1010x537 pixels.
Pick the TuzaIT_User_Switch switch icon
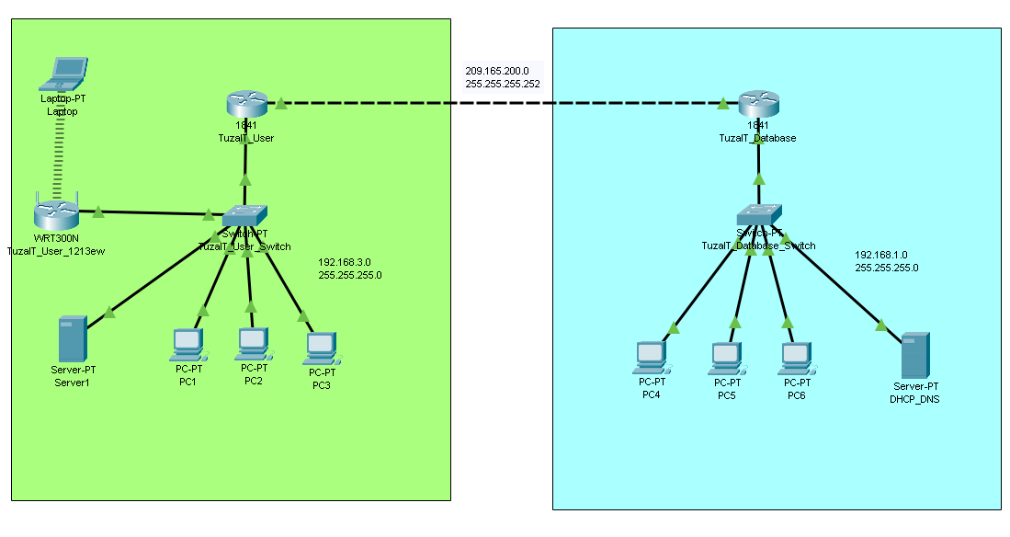(x=244, y=216)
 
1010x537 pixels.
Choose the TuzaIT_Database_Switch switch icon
(x=759, y=214)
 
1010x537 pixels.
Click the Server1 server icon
(x=71, y=338)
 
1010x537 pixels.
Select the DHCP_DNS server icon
(x=914, y=355)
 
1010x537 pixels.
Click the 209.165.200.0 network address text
(x=496, y=71)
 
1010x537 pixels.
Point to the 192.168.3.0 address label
(x=344, y=262)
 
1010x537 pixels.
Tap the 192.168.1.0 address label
(x=880, y=255)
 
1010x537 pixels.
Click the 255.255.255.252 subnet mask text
(x=503, y=84)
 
